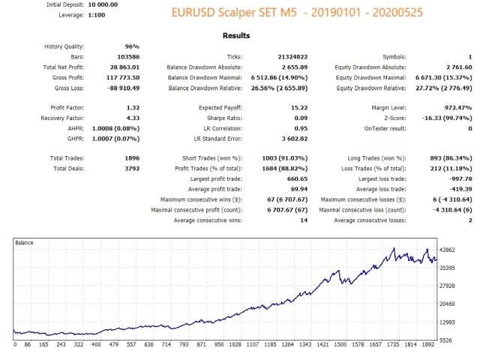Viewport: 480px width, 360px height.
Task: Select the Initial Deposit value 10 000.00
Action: coord(91,4)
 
